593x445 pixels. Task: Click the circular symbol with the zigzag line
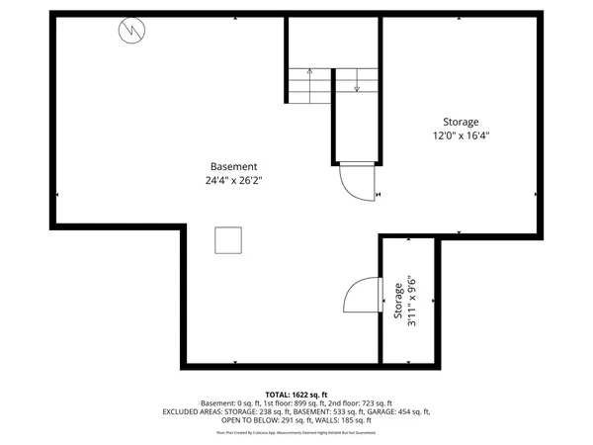[130, 32]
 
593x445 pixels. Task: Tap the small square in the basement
[228, 240]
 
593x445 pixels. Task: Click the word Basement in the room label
[234, 166]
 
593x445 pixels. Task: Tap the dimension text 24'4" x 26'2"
[234, 180]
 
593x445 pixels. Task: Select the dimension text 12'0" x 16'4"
[462, 135]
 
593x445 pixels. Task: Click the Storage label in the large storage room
[462, 121]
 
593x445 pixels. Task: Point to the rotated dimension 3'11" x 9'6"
[412, 301]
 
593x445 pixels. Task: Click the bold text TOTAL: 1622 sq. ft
[296, 394]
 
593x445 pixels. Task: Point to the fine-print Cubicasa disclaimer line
[296, 432]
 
